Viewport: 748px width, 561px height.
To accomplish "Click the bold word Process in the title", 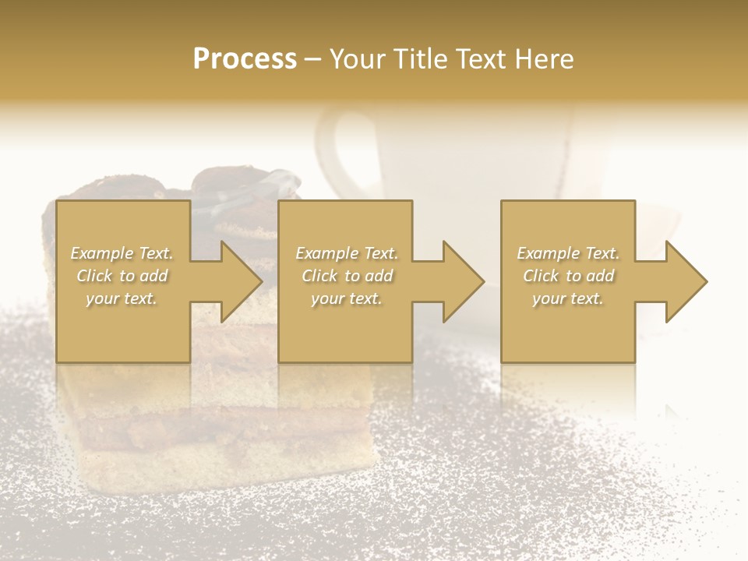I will click(245, 59).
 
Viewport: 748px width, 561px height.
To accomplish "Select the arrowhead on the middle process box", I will click(462, 281).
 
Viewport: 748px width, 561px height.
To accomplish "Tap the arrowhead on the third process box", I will click(685, 281).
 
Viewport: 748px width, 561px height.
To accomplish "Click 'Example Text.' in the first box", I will click(122, 253).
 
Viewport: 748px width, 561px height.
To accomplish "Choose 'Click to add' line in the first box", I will click(122, 276).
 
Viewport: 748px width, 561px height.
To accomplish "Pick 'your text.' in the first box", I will click(122, 298).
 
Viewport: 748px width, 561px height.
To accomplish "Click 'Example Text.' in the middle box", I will click(347, 253).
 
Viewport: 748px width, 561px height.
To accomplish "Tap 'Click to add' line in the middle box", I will click(347, 276).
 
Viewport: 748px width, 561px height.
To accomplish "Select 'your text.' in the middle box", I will click(347, 298).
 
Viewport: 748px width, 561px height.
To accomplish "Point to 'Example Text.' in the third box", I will click(568, 253).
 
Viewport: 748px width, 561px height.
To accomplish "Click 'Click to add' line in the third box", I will click(568, 276).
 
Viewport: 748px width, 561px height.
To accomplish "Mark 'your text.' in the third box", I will click(568, 298).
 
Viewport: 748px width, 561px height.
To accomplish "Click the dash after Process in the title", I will click(313, 60).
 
